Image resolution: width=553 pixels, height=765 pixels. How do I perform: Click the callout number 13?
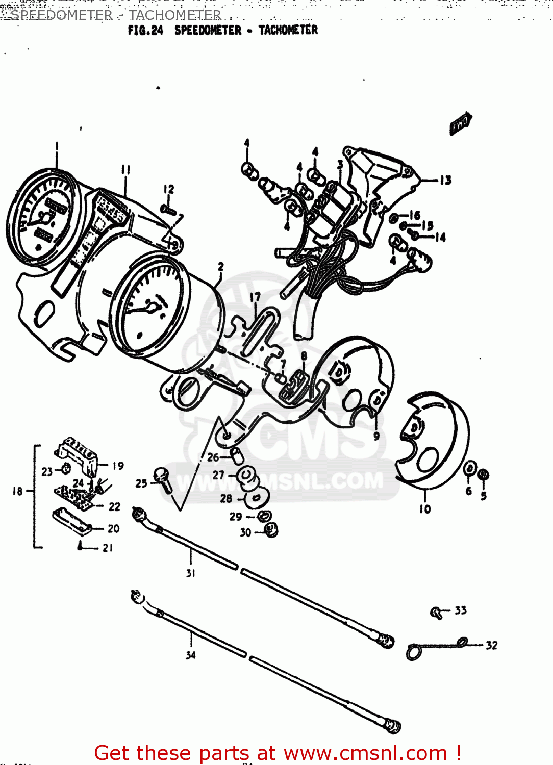(x=445, y=180)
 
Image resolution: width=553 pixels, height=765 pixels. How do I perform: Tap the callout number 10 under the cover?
(x=425, y=508)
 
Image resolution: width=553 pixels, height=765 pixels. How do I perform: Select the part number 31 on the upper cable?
(x=191, y=573)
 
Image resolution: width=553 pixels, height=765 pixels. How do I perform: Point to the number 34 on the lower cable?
(x=191, y=655)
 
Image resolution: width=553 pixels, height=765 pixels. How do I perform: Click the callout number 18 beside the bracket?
(x=18, y=491)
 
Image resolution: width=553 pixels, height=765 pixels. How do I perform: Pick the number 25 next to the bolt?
(x=141, y=483)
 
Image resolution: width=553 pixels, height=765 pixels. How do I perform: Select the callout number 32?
(x=491, y=645)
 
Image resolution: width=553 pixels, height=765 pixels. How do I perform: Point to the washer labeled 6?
(x=470, y=468)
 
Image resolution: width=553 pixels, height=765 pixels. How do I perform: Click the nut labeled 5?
(x=484, y=475)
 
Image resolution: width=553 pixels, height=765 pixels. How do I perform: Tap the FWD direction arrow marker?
(x=461, y=123)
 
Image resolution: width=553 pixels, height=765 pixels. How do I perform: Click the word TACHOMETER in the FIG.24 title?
(x=288, y=30)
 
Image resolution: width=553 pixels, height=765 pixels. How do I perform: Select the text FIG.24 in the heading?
(x=145, y=31)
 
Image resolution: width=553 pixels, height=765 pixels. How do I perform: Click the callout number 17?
(x=255, y=297)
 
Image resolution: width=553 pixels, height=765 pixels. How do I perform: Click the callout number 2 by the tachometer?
(x=220, y=267)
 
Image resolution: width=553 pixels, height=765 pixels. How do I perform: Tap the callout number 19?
(x=118, y=466)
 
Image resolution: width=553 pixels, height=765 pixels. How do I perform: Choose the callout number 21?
(x=108, y=548)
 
